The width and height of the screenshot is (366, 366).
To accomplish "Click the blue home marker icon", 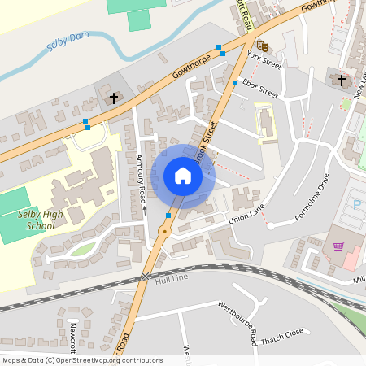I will (182, 176).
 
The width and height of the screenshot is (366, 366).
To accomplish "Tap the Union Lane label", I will (248, 217).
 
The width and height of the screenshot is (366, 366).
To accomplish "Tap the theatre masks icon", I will (262, 46).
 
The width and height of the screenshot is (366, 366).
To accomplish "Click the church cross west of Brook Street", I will (114, 98).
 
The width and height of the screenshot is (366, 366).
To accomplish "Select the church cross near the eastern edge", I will (341, 80).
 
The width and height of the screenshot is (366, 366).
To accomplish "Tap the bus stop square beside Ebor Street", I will (235, 83).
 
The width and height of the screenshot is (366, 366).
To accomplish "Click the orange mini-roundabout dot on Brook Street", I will (164, 232).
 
